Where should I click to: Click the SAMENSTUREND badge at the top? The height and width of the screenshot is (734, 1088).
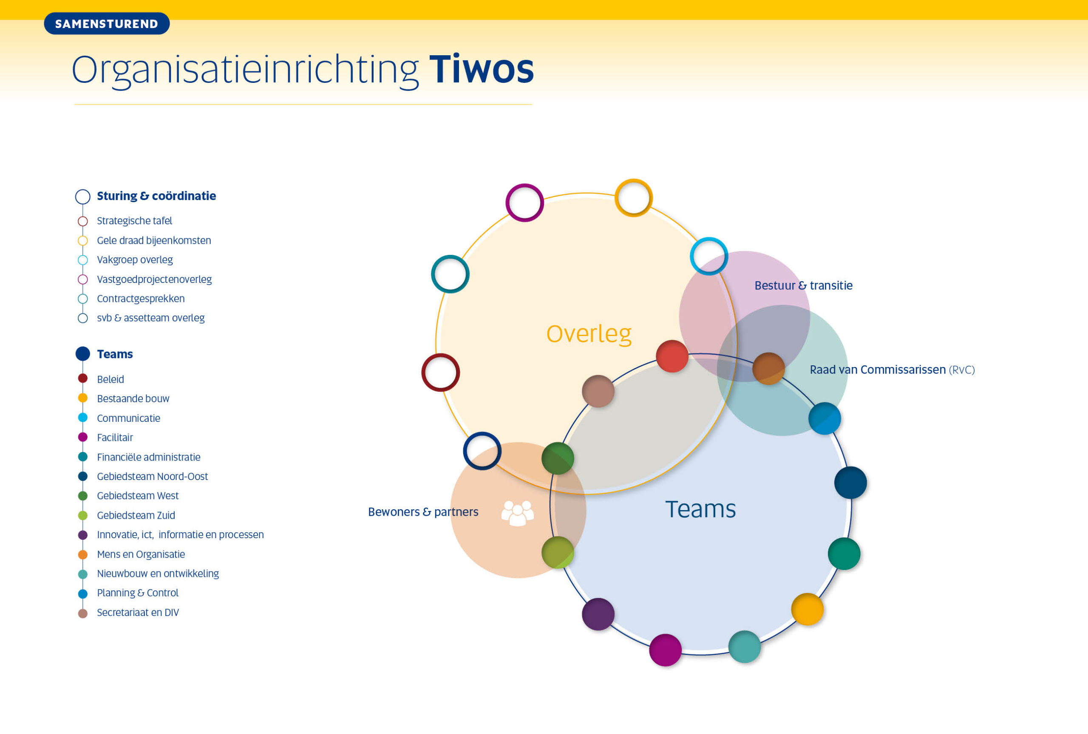107,23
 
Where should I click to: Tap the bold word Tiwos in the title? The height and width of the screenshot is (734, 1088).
481,69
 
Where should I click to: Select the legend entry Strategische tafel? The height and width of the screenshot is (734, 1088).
134,221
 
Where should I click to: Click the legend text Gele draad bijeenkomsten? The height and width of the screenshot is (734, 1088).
154,240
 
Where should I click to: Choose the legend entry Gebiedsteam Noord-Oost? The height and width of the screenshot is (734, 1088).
152,476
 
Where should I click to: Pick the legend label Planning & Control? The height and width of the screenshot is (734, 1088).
138,593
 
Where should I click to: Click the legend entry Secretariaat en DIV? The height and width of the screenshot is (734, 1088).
138,613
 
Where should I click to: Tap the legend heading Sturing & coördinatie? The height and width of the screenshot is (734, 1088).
156,196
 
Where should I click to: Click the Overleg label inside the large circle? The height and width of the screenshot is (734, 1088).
589,334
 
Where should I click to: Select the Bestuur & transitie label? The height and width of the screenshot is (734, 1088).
803,285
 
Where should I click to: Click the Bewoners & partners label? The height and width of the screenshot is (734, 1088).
423,512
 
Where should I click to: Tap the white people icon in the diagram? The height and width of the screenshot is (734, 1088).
517,513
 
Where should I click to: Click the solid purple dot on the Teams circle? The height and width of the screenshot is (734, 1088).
598,614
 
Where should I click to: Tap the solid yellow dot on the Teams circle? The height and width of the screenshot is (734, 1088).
807,609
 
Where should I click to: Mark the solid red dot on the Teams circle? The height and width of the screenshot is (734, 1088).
672,356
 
